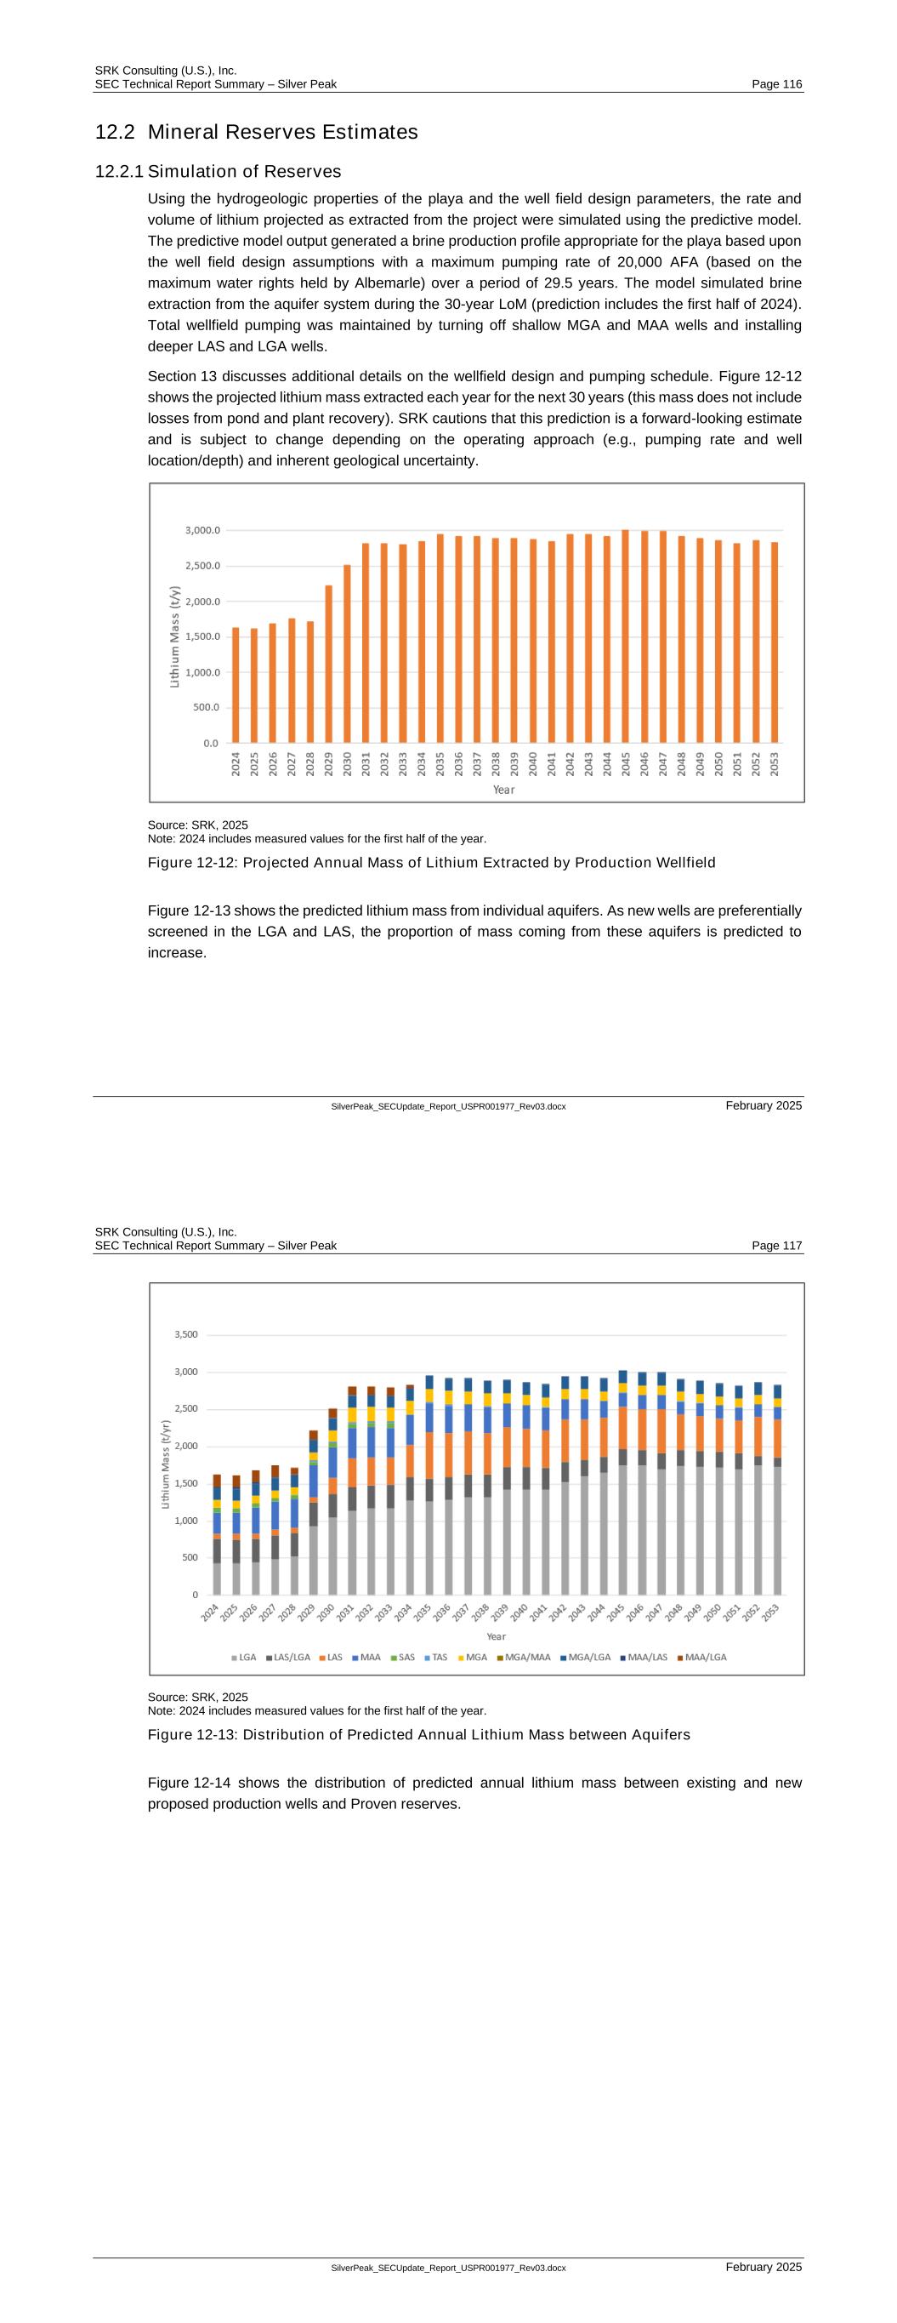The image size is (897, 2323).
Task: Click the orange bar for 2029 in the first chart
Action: tap(329, 664)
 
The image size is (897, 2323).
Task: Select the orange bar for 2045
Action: tap(626, 636)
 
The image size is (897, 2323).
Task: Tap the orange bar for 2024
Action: tap(236, 685)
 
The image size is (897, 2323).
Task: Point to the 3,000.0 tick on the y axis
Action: tap(202, 530)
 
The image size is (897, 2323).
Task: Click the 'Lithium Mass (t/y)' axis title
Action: tap(175, 636)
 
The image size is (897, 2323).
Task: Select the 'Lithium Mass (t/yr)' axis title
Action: tap(166, 1464)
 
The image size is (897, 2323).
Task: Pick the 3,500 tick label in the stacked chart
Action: tap(186, 1334)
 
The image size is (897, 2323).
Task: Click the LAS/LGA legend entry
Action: tap(288, 1657)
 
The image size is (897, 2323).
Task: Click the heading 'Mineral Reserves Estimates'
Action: tap(282, 133)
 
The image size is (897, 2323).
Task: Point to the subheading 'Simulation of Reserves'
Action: tap(244, 171)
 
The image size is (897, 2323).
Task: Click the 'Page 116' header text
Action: tap(776, 84)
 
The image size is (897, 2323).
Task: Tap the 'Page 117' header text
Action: tap(776, 1246)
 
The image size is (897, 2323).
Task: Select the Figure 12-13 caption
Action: tap(418, 1734)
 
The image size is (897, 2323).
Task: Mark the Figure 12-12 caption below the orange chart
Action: tap(431, 862)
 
